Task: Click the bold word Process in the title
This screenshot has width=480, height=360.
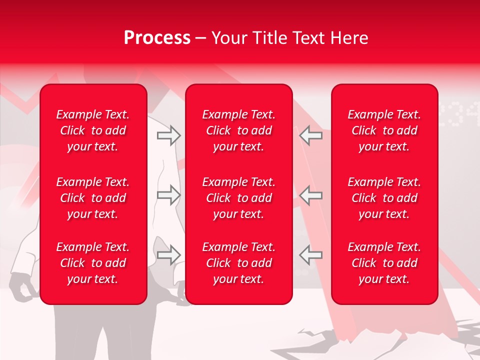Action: tap(157, 38)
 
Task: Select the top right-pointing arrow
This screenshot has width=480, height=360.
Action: tap(168, 135)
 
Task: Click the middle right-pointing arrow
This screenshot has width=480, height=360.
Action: tap(168, 195)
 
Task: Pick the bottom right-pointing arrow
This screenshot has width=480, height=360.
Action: tap(168, 255)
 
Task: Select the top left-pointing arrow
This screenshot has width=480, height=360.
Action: tap(310, 135)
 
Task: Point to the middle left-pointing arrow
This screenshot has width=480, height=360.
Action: tap(310, 195)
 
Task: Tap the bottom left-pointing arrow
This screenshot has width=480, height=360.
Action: tap(310, 255)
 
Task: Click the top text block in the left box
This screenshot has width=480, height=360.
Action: tap(93, 130)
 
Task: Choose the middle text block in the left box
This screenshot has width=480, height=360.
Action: tap(93, 198)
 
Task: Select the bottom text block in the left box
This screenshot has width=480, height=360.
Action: tap(93, 263)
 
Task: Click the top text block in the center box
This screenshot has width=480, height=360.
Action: tap(239, 130)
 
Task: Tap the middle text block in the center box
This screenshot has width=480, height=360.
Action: tap(239, 198)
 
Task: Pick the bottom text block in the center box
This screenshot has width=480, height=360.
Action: tap(239, 263)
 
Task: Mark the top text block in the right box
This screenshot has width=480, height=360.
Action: tap(384, 130)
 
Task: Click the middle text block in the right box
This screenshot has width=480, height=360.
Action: tap(384, 198)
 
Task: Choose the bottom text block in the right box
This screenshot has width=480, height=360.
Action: tap(384, 263)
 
